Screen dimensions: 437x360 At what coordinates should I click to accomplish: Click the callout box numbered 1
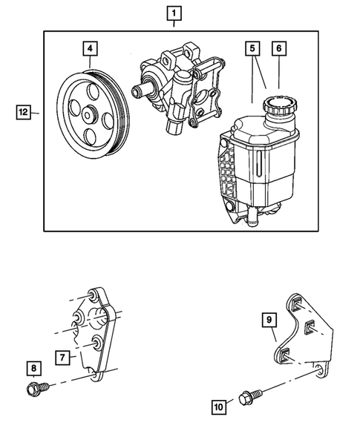click(173, 13)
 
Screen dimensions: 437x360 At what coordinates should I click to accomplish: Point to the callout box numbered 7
click(65, 355)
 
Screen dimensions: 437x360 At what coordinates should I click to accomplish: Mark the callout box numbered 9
click(269, 320)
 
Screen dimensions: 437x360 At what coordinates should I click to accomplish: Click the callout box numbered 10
click(219, 405)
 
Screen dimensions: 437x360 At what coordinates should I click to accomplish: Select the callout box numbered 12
click(24, 112)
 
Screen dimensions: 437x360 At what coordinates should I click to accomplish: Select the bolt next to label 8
click(37, 387)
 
